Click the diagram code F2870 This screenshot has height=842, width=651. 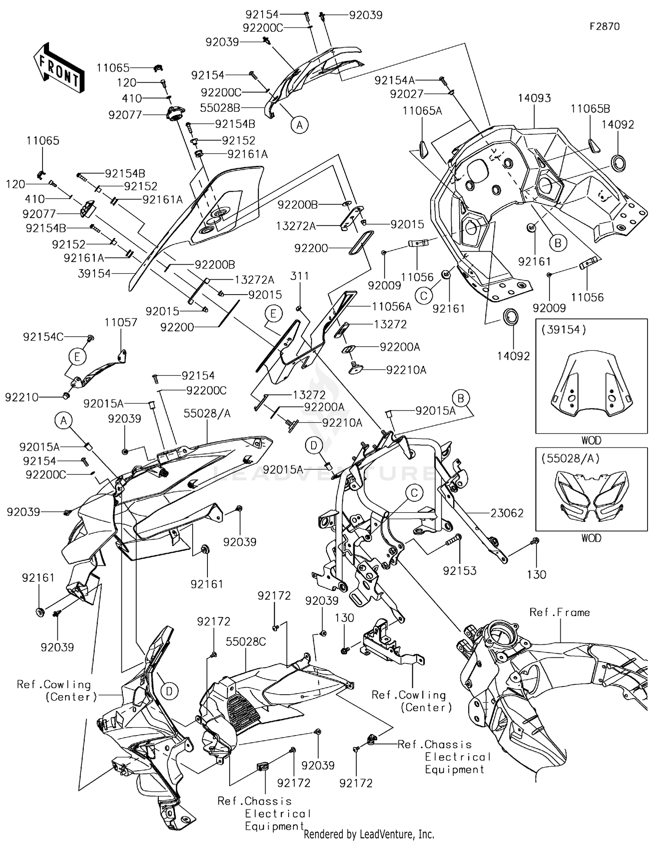pos(605,27)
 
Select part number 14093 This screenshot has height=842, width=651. pos(534,98)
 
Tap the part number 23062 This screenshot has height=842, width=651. pos(507,513)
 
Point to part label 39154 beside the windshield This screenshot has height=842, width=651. pos(94,274)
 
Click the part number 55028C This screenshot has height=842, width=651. pos(246,641)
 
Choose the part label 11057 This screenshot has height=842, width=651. pos(121,322)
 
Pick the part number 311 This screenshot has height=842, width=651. pos(299,276)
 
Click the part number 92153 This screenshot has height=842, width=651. pos(460,570)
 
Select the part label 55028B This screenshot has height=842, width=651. pos(220,108)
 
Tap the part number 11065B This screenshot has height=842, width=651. pos(590,109)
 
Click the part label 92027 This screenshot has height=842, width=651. pos(407,94)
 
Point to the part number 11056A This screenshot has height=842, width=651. pos(391,307)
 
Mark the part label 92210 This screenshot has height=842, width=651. pos(22,397)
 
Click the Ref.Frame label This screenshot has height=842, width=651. pos(559,613)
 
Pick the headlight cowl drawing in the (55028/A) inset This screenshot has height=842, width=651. pos(591,495)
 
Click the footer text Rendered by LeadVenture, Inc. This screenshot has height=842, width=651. pos(369,834)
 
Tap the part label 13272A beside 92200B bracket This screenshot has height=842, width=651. pos(296,226)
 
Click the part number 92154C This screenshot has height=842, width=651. pos(43,337)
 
